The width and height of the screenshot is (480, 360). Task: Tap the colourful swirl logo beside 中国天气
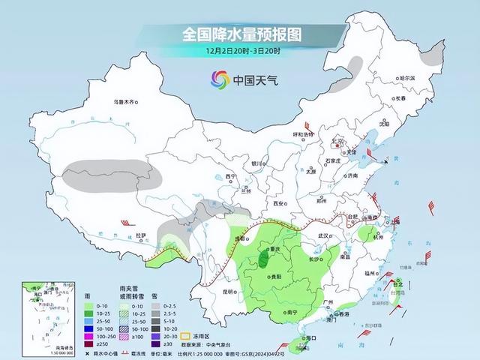tap(219, 79)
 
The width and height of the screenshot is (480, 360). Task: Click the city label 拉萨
tap(140, 235)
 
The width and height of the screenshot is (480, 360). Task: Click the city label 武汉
tap(328, 235)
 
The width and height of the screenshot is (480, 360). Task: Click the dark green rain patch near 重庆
tap(264, 259)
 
